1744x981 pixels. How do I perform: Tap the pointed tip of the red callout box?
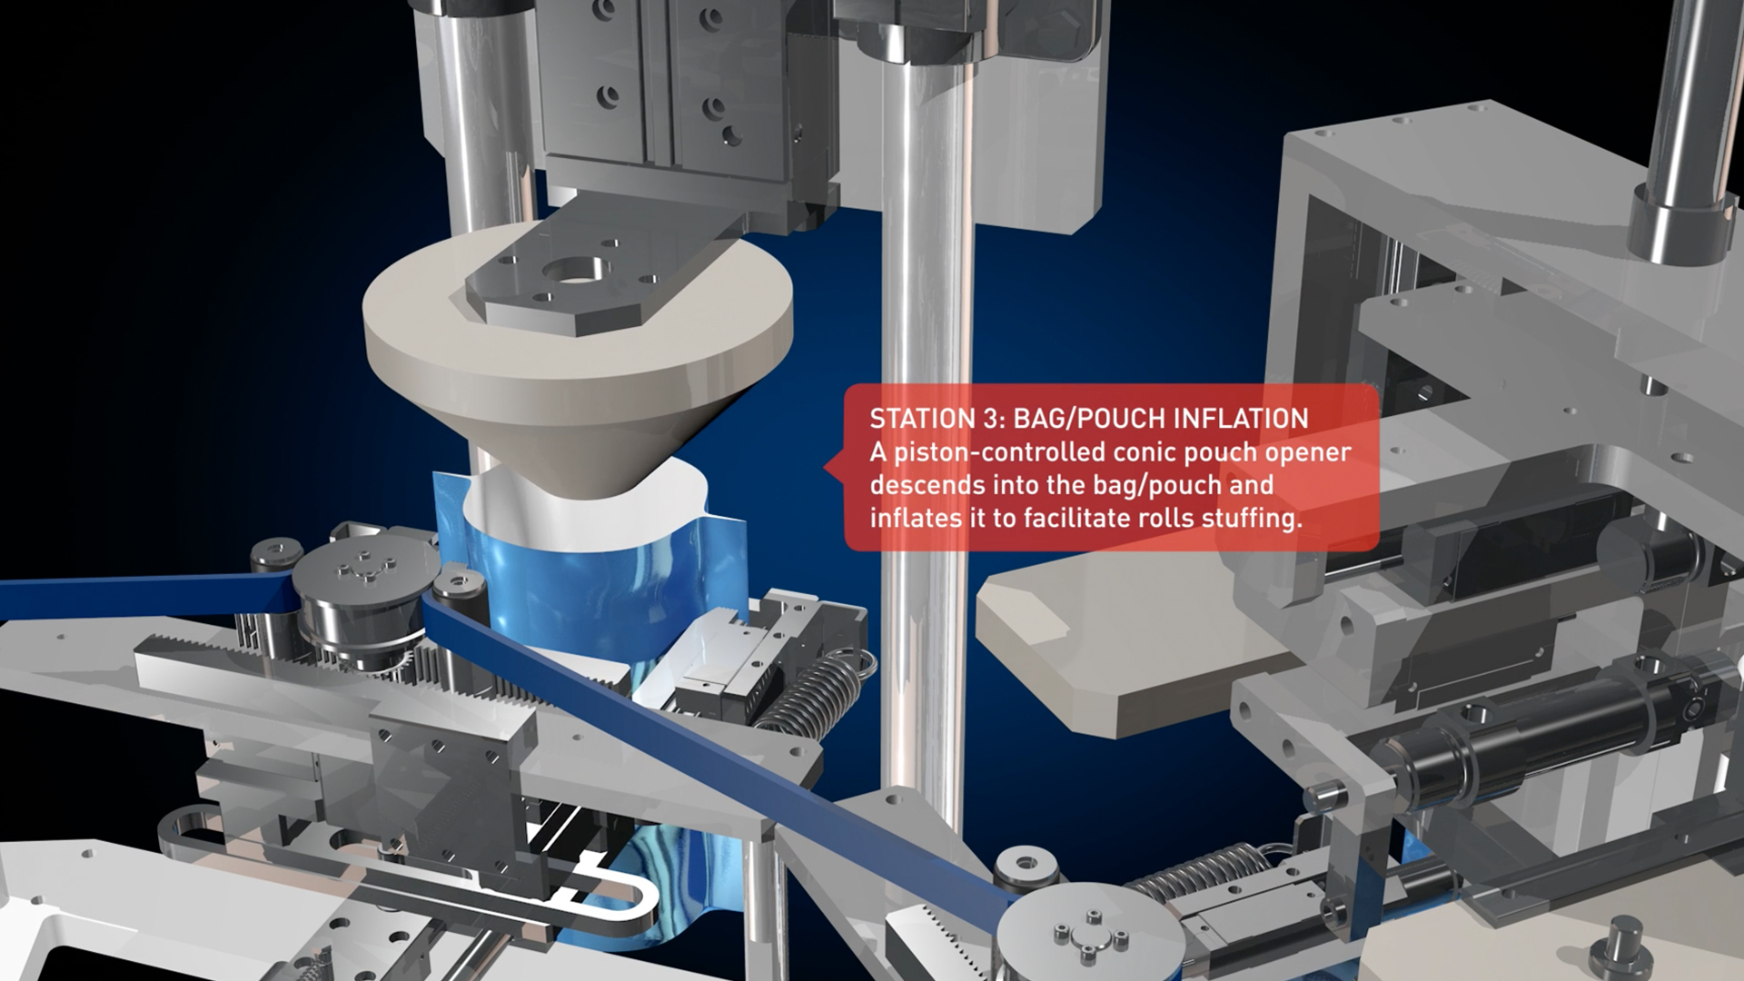(x=824, y=468)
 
